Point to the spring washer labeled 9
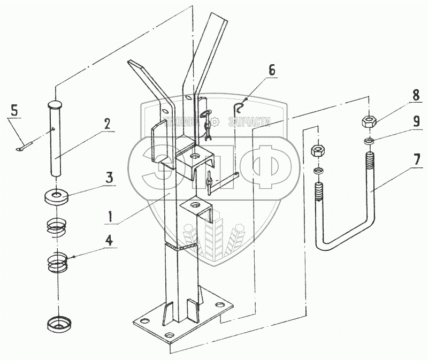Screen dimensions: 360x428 (368, 141)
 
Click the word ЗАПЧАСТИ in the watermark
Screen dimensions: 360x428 (249, 122)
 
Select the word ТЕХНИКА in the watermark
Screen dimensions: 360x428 (182, 121)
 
